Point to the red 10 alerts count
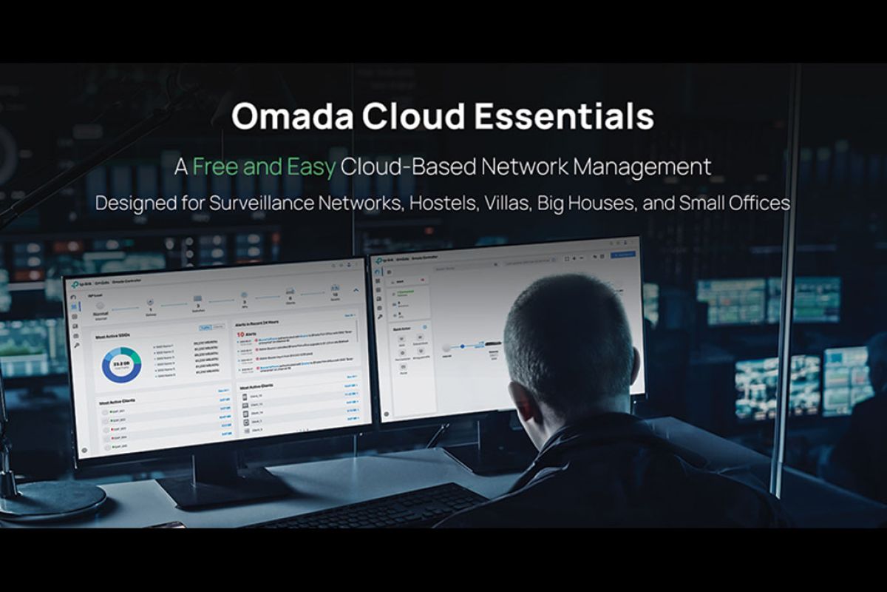pos(241,334)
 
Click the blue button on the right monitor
pos(623,254)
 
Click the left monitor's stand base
pos(222,492)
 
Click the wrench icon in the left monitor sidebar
pos(76,346)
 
